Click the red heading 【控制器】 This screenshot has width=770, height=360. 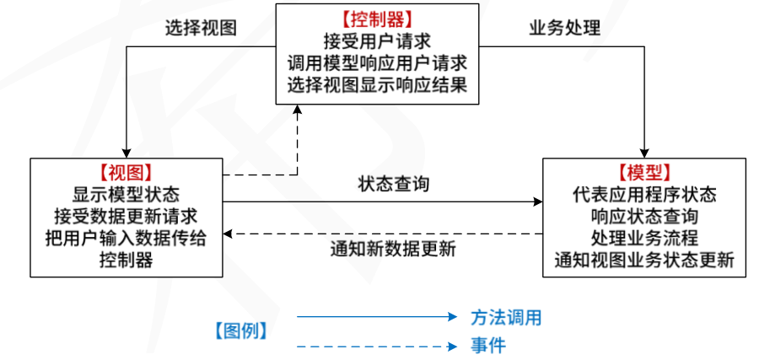[377, 18]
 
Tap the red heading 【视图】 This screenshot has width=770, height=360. [126, 173]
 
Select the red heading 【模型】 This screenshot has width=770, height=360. [643, 173]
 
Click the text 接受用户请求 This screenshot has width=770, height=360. [377, 40]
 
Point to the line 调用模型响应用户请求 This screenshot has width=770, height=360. [377, 62]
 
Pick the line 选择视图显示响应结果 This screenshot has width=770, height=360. [377, 84]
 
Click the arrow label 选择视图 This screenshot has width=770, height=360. [200, 27]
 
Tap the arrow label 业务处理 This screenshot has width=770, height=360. [564, 27]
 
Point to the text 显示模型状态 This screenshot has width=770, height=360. [126, 195]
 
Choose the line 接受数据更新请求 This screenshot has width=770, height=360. [126, 217]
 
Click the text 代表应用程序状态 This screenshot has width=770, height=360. [643, 195]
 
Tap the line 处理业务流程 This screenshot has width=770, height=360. [643, 239]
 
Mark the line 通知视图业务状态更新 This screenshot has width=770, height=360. [643, 261]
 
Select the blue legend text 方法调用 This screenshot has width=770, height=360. [506, 318]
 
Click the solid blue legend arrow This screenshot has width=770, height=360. [375, 318]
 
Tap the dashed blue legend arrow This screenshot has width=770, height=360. [375, 346]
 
